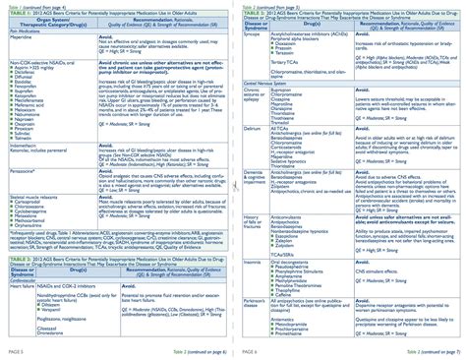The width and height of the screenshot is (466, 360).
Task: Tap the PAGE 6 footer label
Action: (248, 350)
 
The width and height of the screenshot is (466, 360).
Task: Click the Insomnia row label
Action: (255, 263)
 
